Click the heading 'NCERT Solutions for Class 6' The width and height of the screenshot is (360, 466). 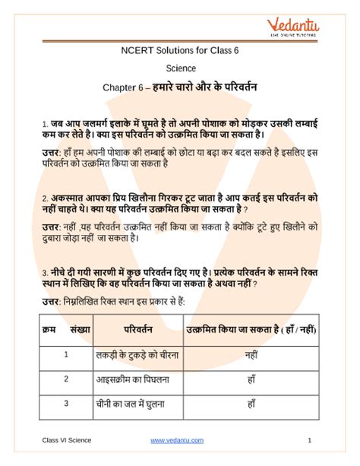[178, 52]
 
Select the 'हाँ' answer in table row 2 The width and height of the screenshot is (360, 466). [251, 379]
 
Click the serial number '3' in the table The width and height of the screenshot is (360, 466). [66, 404]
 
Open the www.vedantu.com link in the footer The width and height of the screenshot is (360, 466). [179, 441]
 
